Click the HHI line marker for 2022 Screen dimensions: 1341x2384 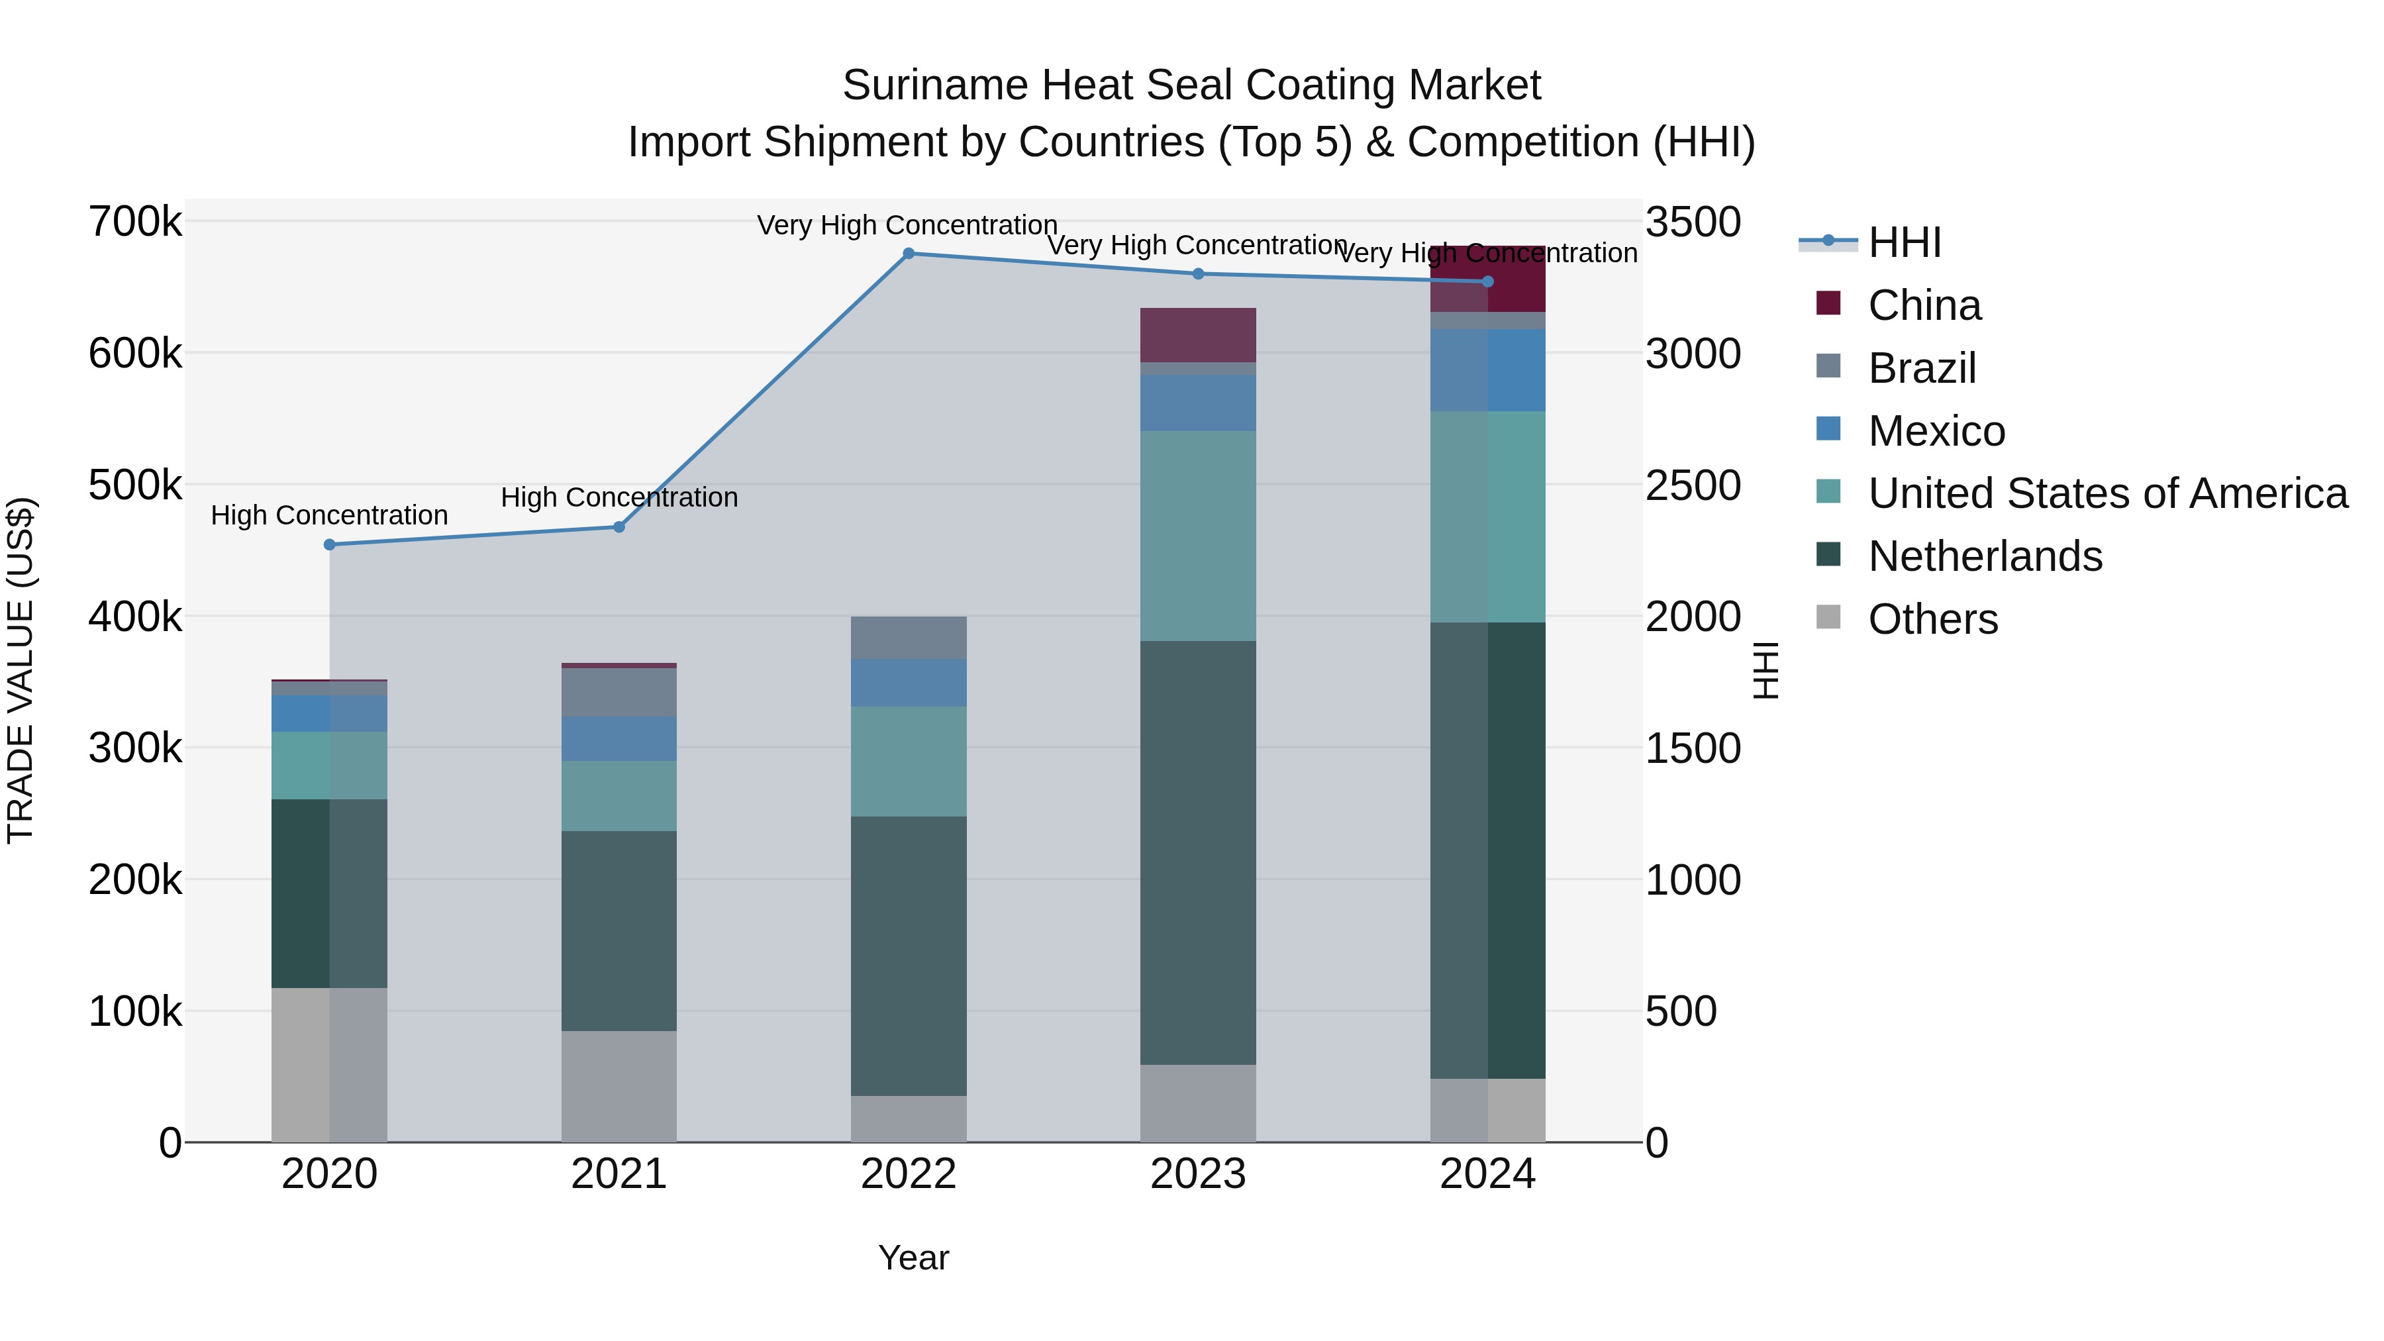tap(908, 254)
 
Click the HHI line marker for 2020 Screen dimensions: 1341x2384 tap(330, 545)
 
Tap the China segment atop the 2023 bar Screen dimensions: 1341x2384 tap(1197, 335)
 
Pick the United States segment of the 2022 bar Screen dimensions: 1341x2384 tap(908, 761)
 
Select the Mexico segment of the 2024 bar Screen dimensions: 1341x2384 tap(1487, 370)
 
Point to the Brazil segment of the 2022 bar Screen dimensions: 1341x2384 tap(908, 638)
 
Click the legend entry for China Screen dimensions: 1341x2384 tap(1924, 305)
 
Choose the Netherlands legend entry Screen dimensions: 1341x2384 tap(1984, 556)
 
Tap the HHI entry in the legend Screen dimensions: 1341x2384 tap(1904, 242)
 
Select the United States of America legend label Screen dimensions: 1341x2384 tap(2107, 493)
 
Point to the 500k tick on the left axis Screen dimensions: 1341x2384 tap(135, 485)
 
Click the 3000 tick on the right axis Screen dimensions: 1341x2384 tap(1693, 354)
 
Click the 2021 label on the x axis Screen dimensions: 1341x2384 tap(619, 1174)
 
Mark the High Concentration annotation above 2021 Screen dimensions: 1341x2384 tap(619, 498)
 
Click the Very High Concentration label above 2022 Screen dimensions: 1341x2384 tap(907, 226)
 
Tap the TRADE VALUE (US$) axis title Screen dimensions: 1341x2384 tap(21, 670)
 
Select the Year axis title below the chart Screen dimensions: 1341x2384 tap(913, 1258)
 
